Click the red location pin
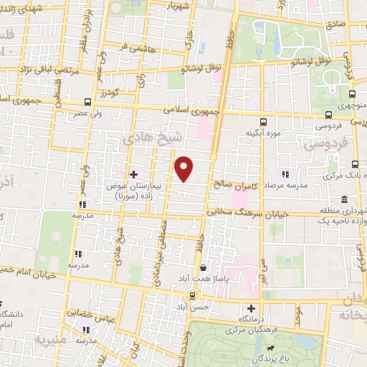click(185, 168)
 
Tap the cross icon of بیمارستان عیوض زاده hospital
click(133, 173)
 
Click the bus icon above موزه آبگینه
click(262, 121)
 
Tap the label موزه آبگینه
click(262, 133)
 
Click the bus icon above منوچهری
click(353, 94)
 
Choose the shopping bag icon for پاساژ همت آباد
click(204, 267)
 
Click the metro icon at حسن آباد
click(191, 295)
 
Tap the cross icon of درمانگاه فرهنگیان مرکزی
click(251, 308)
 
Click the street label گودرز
click(108, 93)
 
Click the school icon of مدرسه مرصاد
click(285, 173)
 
